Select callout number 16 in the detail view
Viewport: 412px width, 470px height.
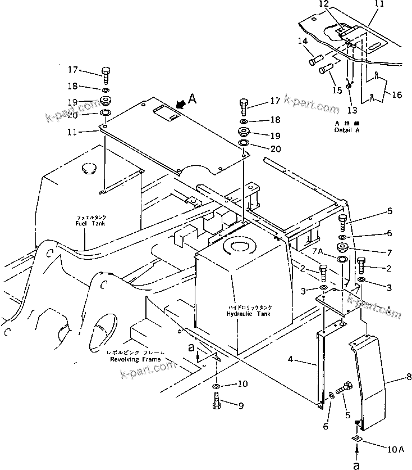point(397,95)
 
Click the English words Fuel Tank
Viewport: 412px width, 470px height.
point(91,223)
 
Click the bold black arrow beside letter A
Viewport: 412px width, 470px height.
point(181,104)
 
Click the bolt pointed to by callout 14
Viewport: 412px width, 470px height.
point(316,58)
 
